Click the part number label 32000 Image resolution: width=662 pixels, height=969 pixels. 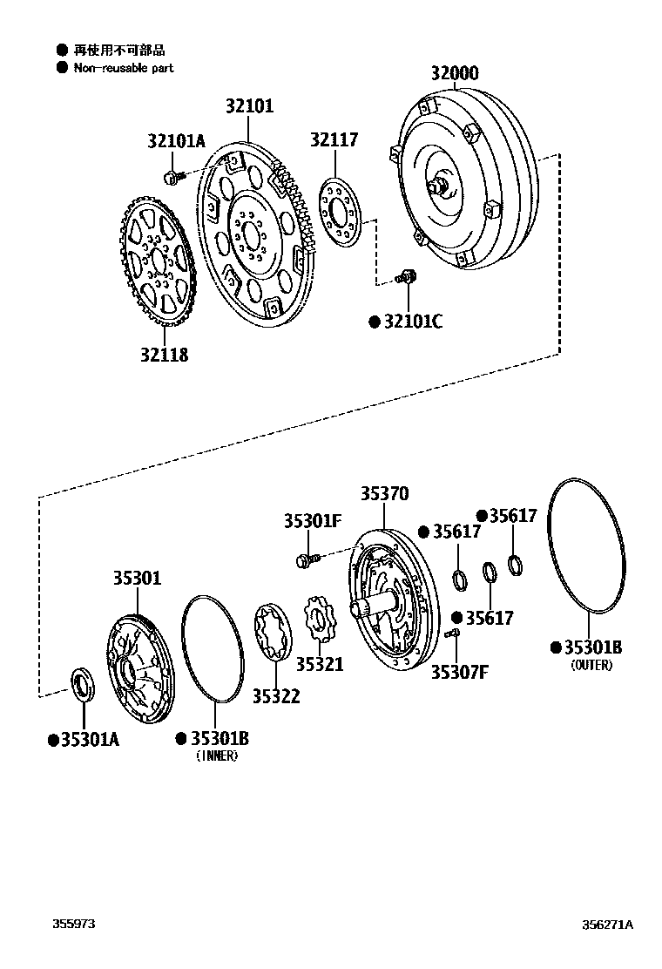point(454,73)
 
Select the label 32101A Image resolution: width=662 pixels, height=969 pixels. point(176,140)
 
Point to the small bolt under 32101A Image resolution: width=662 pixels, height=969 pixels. point(172,178)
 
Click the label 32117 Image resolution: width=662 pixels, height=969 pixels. point(334,139)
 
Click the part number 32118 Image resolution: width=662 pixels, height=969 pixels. point(164,355)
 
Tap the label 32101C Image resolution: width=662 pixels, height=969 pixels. point(413,322)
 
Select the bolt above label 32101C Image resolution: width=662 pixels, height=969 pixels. point(407,278)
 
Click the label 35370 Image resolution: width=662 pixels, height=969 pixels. point(384,494)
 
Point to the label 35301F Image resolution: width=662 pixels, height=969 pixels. point(312,521)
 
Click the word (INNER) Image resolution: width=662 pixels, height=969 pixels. point(217,756)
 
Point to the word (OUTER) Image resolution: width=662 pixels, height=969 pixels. point(591,665)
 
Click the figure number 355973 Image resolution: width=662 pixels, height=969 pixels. point(71,925)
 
